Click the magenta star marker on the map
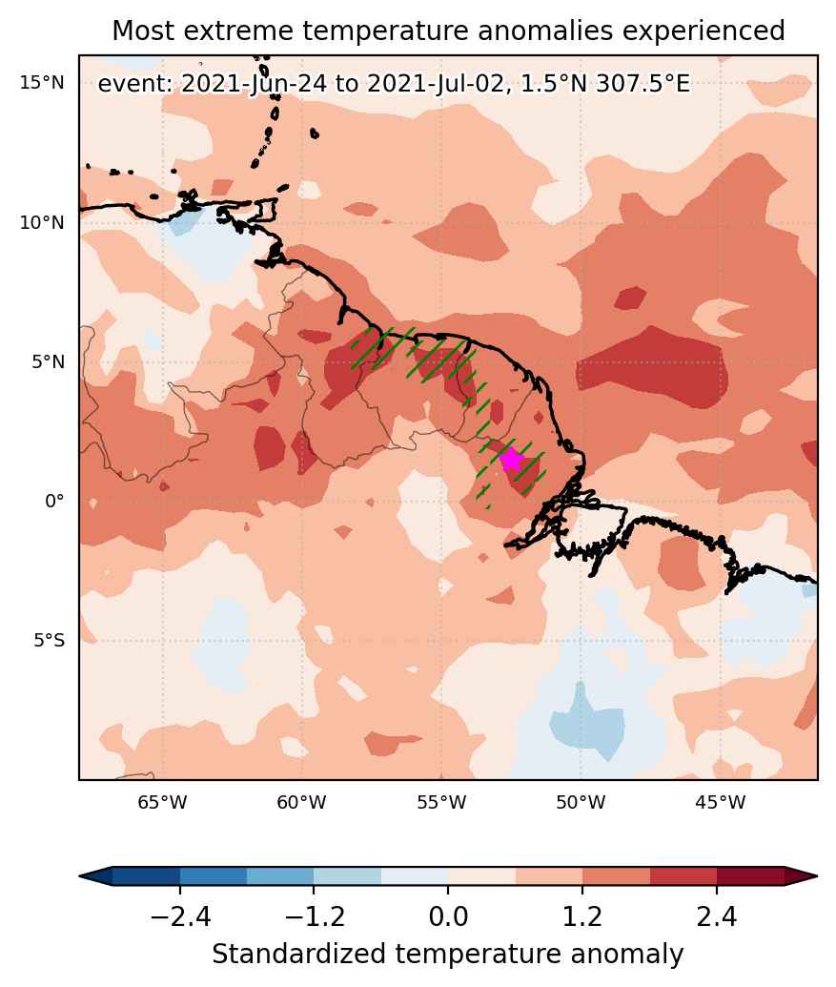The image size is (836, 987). pyautogui.click(x=512, y=459)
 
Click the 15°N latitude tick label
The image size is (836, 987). pyautogui.click(x=42, y=82)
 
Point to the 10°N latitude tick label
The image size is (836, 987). pyautogui.click(x=42, y=222)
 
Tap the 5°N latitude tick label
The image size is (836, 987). pyautogui.click(x=48, y=362)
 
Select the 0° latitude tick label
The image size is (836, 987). pyautogui.click(x=54, y=502)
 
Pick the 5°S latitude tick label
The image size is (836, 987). pyautogui.click(x=49, y=641)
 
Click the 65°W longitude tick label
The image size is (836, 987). pyautogui.click(x=163, y=803)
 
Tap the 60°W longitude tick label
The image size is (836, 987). pyautogui.click(x=302, y=803)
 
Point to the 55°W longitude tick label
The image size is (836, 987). pyautogui.click(x=441, y=803)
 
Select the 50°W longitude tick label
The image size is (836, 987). pyautogui.click(x=581, y=803)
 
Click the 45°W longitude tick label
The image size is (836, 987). pyautogui.click(x=721, y=803)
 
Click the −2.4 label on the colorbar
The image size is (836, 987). pyautogui.click(x=180, y=916)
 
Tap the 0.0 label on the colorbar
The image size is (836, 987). pyautogui.click(x=449, y=916)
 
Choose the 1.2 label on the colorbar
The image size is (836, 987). pyautogui.click(x=582, y=916)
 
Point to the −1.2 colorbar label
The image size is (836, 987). pyautogui.click(x=315, y=916)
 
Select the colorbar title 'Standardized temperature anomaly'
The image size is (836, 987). pyautogui.click(x=448, y=955)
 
